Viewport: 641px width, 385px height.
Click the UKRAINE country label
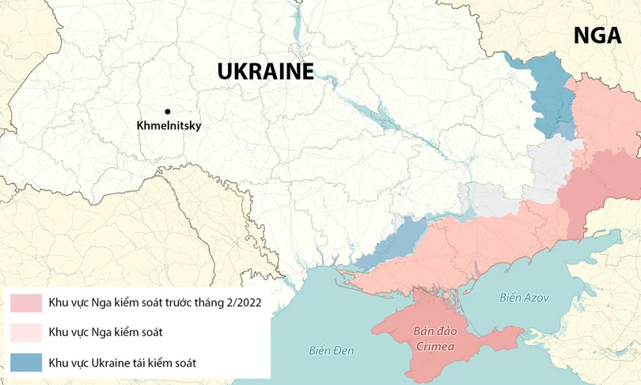265,71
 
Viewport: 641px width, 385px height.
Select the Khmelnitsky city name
169,126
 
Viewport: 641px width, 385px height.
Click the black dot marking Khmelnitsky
167,112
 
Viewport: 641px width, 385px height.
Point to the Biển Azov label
523,298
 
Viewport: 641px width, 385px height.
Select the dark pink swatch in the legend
26,303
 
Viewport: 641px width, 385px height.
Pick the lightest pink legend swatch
26,333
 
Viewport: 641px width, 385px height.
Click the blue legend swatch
26,363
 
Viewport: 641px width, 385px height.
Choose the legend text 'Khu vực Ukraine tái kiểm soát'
123,363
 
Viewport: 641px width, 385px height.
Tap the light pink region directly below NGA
605,111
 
